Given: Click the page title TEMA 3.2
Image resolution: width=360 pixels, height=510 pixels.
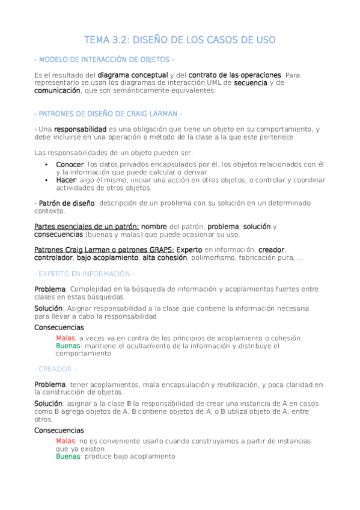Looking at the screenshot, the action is coord(180,40).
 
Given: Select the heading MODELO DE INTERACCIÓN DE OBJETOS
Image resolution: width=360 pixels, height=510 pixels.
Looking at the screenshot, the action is coord(105,60).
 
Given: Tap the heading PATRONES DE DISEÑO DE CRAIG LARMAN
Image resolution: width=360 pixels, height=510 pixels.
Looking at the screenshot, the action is coord(108,114).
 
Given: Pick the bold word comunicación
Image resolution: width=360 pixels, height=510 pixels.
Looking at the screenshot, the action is coord(57,90).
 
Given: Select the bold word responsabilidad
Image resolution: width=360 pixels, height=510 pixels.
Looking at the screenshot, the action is coord(80,129).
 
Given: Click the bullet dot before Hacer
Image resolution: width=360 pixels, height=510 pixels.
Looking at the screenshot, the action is coord(47,180).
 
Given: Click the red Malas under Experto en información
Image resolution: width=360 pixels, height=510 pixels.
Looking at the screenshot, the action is coord(66,338).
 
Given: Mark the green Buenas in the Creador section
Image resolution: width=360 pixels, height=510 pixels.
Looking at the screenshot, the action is coord(68,456).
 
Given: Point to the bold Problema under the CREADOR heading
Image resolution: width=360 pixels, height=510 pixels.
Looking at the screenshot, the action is coord(49,384).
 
